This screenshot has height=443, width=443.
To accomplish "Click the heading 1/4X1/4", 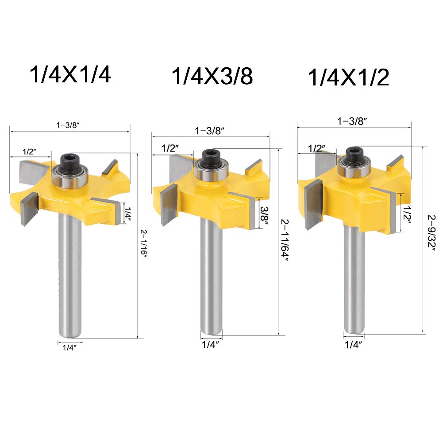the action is point(70,74).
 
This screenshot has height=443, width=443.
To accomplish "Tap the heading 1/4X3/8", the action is point(212,76).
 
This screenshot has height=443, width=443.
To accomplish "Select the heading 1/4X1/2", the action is point(348,77).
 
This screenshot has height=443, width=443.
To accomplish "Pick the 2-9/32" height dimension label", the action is point(431,232).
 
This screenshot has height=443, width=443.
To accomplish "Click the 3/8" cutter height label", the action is point(264,215).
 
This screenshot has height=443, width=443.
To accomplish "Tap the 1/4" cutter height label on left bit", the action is point(128,215).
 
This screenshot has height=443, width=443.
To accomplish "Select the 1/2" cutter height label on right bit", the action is point(407,215).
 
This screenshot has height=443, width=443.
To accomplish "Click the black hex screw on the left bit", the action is point(70,160).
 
